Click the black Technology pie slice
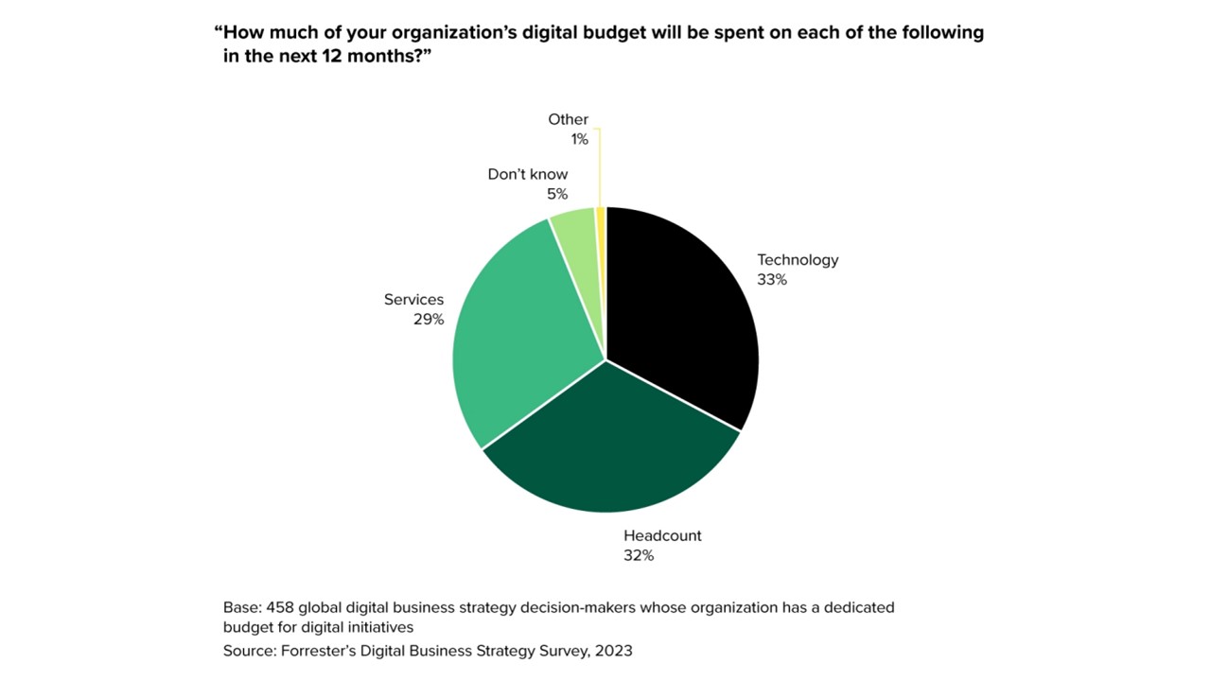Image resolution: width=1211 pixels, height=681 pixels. point(681,312)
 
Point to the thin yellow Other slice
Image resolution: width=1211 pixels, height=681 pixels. point(601,212)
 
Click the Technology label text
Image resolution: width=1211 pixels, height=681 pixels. point(798,260)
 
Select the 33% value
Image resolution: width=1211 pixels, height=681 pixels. point(772,280)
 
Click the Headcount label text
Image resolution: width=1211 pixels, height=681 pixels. point(662,535)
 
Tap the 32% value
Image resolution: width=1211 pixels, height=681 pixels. point(639,555)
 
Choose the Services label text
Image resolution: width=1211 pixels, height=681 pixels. point(413,300)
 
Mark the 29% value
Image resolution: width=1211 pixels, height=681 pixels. point(429,320)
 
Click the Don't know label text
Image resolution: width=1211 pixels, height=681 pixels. point(528,174)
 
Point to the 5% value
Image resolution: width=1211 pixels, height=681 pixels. point(556,194)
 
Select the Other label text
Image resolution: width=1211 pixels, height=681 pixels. point(568,119)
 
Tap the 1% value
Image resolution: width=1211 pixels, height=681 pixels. point(579,139)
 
